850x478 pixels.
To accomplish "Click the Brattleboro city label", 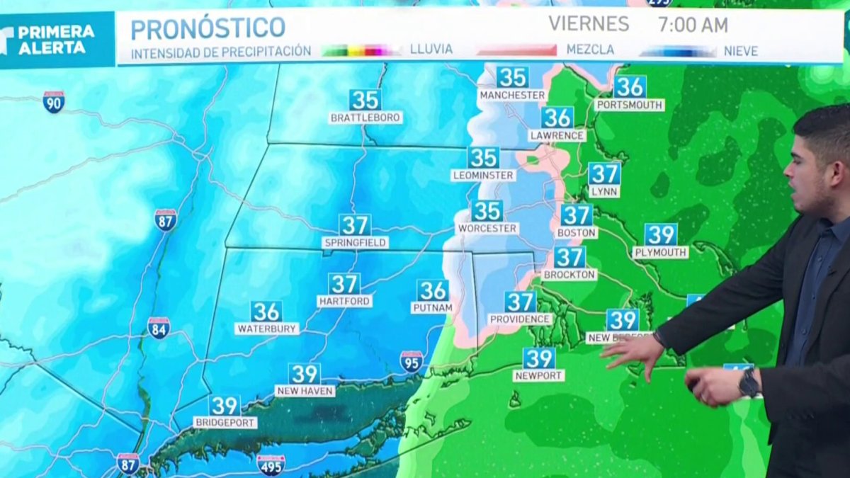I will coord(365,118).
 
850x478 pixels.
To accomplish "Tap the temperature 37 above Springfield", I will coord(355,225).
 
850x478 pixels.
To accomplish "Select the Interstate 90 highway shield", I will coord(53,102).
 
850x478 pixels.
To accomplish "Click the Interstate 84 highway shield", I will coord(159,328).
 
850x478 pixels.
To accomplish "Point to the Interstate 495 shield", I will coord(271,465).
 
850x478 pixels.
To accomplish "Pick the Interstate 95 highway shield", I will coord(411,361).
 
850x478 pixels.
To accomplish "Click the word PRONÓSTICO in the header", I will coord(208,28).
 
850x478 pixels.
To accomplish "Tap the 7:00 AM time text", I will coord(692,25).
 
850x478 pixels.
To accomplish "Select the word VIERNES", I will coord(589,24).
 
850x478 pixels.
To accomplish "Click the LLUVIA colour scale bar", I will coord(361,50).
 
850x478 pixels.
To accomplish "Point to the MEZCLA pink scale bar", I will coord(516,50).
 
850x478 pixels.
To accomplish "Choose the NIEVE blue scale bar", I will coord(678,51).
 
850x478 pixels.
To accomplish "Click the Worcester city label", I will coord(487,229).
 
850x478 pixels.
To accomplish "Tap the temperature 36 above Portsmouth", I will coord(630,86).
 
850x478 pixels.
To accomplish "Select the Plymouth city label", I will coord(660,252).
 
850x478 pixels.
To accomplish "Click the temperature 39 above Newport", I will coord(539,358).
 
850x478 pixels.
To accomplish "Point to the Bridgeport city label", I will coord(225,423).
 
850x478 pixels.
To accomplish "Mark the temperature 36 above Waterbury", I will coord(266,312).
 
